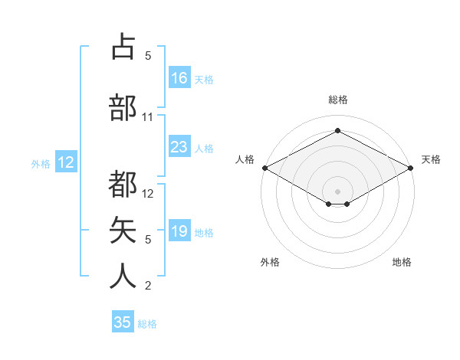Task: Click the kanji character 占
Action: (123, 46)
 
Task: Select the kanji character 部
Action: (123, 107)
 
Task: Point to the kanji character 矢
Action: (123, 230)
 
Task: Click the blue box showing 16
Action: (179, 78)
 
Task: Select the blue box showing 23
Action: (179, 147)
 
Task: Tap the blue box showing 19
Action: (179, 231)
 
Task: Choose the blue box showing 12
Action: (66, 162)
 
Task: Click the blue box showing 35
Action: (123, 322)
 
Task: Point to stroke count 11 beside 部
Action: (148, 117)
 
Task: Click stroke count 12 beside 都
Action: (149, 194)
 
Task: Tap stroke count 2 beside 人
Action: (148, 286)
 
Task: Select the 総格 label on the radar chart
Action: (337, 100)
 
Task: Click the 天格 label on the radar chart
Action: (431, 159)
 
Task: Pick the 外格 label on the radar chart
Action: (270, 262)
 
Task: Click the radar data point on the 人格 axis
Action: (264, 168)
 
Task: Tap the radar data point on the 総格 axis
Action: (337, 131)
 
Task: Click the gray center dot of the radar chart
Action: (337, 191)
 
